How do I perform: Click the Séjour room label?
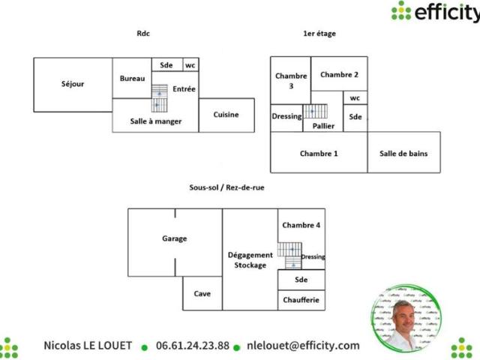73,84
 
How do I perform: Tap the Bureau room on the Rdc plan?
132,78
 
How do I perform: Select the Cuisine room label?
226,115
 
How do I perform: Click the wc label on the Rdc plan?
190,65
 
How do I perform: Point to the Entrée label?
184,89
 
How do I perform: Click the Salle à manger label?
156,121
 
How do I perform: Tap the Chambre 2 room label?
339,75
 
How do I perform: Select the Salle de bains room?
403,152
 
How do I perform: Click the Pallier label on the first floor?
323,126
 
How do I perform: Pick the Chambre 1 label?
319,153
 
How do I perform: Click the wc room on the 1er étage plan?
355,98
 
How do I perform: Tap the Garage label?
175,238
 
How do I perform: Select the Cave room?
202,293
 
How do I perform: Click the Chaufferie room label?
301,300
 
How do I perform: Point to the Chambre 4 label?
301,225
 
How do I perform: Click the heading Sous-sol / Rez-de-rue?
226,187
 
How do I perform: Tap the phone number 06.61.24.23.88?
193,346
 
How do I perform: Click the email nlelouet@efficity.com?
303,346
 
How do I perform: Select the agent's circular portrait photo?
406,319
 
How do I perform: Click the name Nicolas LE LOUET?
88,346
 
